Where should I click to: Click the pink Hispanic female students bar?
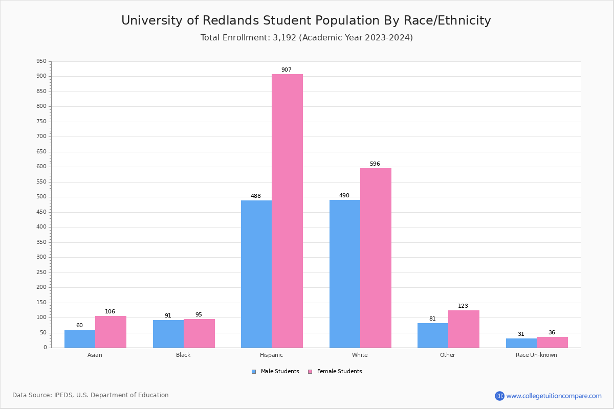[287, 211]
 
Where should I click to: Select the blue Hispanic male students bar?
[256, 274]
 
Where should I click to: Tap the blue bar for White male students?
[345, 274]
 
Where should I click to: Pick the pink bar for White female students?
[376, 258]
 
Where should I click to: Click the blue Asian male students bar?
[80, 338]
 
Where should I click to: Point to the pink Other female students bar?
[464, 329]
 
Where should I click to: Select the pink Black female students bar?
[199, 333]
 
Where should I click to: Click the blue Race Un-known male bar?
[521, 343]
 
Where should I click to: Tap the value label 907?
[287, 70]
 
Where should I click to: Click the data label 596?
[375, 164]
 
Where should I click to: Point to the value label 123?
[463, 306]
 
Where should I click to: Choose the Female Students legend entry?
[339, 372]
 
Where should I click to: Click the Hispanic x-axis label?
[271, 355]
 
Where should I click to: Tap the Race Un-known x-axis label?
[536, 355]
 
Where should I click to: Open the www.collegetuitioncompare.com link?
[554, 396]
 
